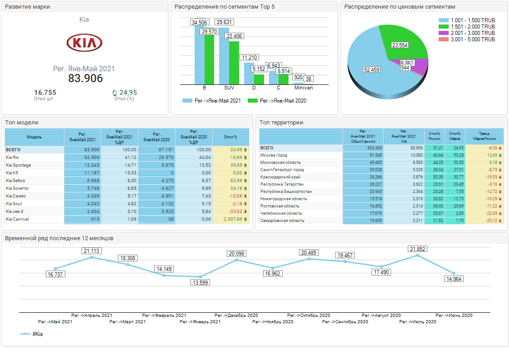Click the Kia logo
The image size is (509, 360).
point(84,43)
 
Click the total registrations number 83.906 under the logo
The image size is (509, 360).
point(85,78)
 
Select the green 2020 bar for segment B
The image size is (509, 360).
point(209,59)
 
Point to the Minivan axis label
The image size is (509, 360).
point(303,88)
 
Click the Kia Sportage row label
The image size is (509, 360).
point(19,165)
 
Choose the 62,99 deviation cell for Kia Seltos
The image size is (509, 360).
point(231,181)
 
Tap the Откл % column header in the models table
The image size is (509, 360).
point(231,137)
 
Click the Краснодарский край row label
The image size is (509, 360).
point(280,177)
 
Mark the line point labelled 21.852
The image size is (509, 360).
point(417,256)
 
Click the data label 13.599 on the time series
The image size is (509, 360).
point(200,283)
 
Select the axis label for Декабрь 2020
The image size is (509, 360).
point(236,315)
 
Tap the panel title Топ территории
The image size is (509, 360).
point(282,122)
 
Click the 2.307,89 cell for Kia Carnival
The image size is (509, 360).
point(231,219)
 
